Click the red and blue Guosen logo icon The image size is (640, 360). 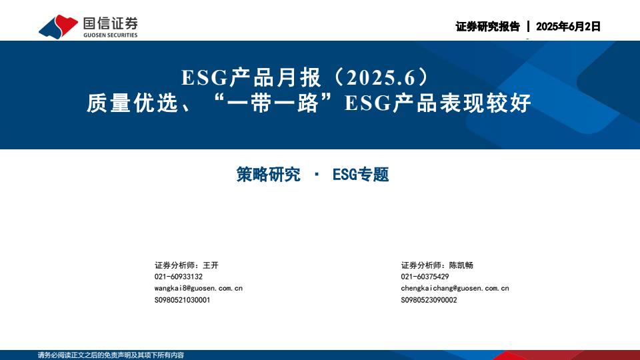click(x=58, y=27)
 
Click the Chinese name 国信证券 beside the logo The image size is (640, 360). click(x=110, y=23)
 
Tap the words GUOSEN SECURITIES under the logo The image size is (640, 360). click(x=110, y=35)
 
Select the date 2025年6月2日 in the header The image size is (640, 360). click(x=568, y=27)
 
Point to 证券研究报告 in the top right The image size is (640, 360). click(x=488, y=27)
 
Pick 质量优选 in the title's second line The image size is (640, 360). click(x=133, y=103)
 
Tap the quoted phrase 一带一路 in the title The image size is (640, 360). click(x=273, y=103)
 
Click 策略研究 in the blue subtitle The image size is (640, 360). click(x=268, y=175)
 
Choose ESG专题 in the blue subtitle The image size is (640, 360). click(x=361, y=175)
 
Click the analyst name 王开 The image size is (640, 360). click(x=211, y=265)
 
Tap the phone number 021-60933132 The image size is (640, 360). click(x=179, y=277)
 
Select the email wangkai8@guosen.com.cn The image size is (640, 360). click(x=199, y=288)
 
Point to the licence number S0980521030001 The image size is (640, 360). click(x=182, y=300)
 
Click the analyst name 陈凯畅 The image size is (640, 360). click(x=461, y=265)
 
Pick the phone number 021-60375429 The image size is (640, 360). click(x=425, y=277)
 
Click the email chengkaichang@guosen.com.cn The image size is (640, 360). click(x=455, y=288)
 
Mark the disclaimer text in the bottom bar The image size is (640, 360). click(x=111, y=355)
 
